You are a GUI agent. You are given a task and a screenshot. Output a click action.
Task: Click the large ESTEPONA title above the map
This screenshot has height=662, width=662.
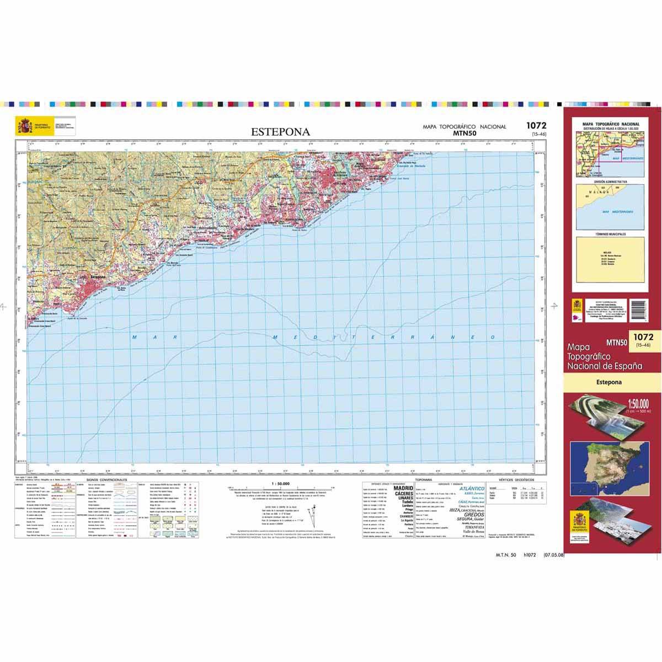click(280, 132)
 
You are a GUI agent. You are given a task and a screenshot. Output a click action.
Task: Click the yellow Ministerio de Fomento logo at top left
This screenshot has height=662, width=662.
click(24, 126)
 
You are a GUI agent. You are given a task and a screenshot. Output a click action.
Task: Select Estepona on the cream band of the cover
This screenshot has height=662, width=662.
click(608, 382)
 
